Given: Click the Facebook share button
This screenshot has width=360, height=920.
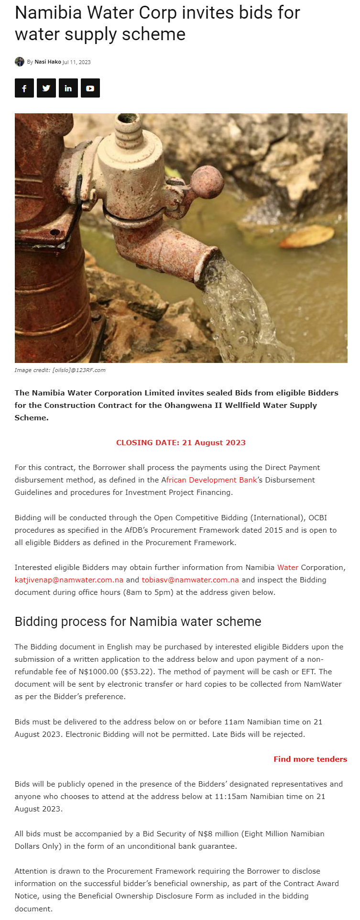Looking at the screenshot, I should [x=24, y=88].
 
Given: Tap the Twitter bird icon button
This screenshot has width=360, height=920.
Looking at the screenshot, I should [x=46, y=88].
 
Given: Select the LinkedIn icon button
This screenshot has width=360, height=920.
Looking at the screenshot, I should [x=68, y=88].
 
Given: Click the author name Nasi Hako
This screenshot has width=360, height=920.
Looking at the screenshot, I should [x=48, y=62].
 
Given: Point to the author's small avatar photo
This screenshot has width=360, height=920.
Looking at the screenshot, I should [x=20, y=62].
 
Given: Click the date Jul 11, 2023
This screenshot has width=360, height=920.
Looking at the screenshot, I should [x=76, y=62].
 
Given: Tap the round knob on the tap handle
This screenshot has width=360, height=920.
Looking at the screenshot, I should [x=207, y=182].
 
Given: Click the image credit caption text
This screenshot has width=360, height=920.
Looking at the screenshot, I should [x=60, y=370].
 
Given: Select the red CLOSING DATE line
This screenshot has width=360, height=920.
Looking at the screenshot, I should [x=181, y=443].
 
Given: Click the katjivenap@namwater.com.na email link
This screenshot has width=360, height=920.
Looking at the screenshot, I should [x=69, y=580].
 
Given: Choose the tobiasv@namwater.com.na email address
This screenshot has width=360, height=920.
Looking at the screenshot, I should [x=190, y=580].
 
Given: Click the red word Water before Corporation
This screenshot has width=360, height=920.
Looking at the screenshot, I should [x=288, y=568].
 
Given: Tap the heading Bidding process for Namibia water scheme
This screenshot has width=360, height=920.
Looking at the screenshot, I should [x=138, y=622].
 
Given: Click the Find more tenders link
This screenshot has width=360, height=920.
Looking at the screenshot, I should [x=310, y=759].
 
